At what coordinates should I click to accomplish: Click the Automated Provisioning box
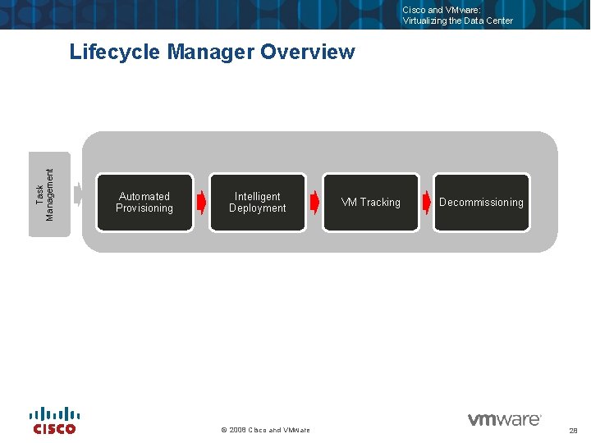144,202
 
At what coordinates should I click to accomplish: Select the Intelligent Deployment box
257,202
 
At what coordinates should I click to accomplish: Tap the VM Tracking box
370,202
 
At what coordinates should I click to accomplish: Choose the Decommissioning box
481,202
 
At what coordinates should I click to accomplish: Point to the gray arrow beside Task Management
79,194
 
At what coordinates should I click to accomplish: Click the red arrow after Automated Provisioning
202,202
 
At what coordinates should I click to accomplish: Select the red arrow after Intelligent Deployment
314,202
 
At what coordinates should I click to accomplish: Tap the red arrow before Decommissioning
427,202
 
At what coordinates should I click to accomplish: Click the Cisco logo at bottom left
54,421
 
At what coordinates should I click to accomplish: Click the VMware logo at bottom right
504,419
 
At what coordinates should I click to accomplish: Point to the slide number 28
573,430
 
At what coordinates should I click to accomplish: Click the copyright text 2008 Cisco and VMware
266,430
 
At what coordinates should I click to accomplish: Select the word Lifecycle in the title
115,53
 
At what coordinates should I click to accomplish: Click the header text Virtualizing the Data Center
457,21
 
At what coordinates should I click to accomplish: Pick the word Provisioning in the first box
144,208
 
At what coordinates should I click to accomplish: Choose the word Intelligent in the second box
257,196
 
